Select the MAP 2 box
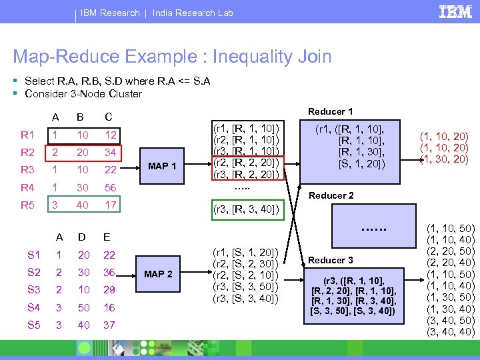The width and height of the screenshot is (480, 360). (x=159, y=274)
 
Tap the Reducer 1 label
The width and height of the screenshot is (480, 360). (x=331, y=111)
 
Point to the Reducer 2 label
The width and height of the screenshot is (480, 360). (x=331, y=195)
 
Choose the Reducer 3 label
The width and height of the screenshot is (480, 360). (x=331, y=260)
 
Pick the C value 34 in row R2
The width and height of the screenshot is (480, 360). (x=111, y=152)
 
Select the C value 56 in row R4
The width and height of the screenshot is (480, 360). (x=111, y=187)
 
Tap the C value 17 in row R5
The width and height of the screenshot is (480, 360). (x=111, y=205)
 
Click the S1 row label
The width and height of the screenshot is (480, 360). (x=33, y=255)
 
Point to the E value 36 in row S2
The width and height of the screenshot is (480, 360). (x=109, y=272)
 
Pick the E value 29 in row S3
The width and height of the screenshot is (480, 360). (x=109, y=290)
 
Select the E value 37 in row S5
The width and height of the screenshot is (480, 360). (x=109, y=325)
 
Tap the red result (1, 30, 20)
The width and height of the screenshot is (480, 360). (x=443, y=159)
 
